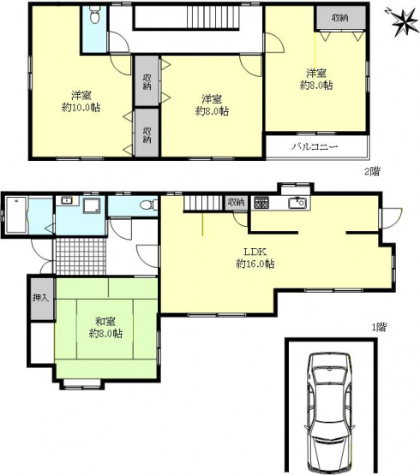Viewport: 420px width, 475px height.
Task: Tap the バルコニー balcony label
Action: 315,147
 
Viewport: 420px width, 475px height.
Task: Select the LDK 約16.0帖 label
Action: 255,258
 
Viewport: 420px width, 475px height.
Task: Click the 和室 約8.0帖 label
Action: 105,328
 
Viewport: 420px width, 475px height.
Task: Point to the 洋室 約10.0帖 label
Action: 81,102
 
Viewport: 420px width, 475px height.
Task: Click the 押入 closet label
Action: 40,298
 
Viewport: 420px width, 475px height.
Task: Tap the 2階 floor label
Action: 372,172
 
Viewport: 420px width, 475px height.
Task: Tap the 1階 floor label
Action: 379,327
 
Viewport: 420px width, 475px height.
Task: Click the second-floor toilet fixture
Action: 94,15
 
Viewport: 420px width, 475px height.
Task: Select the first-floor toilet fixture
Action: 148,205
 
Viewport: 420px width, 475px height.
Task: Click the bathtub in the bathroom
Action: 16,215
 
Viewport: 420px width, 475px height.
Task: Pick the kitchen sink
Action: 297,204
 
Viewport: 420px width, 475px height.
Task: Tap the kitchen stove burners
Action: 261,203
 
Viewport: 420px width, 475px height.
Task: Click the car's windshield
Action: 329,376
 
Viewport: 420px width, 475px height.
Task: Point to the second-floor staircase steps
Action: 213,17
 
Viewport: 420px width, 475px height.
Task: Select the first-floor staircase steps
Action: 201,203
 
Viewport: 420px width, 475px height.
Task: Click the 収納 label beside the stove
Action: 236,202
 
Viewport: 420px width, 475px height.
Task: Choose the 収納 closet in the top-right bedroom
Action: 339,18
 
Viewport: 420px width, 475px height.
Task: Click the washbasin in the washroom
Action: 66,200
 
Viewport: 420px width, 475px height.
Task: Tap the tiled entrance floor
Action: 80,256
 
